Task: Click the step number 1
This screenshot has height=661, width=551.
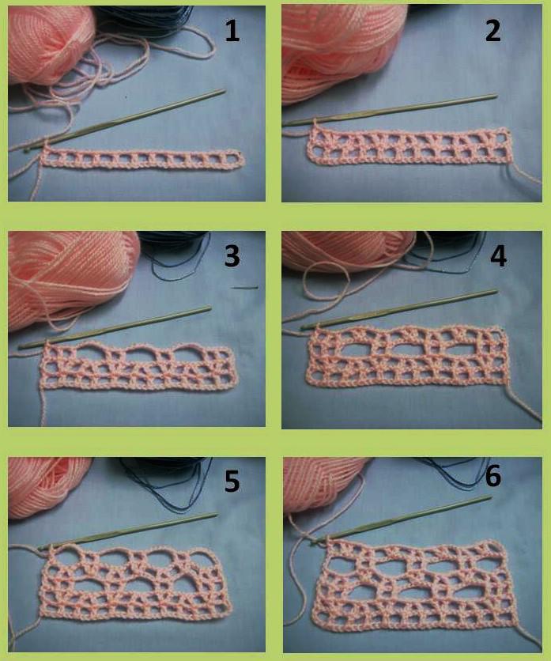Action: pos(232,31)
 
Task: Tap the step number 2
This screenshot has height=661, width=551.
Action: pos(493,31)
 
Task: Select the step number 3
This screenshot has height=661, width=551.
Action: pos(232,256)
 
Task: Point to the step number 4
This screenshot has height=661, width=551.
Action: pos(498,256)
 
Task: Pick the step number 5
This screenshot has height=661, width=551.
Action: pos(232,481)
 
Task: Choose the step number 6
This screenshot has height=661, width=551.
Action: pos(493,476)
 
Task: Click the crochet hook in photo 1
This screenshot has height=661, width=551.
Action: pos(125,119)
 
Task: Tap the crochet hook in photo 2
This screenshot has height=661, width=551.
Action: pos(390,110)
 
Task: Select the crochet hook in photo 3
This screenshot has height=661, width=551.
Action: pos(115,327)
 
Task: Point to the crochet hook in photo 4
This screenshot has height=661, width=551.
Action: pos(399,310)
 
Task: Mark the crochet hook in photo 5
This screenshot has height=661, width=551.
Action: pos(128,531)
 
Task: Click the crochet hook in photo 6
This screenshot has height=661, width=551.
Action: pos(402,520)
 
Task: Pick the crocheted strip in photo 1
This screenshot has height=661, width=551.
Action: pos(142,160)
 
